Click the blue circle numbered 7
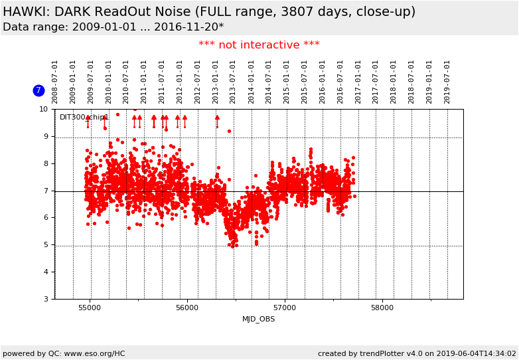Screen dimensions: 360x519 [x=38, y=90]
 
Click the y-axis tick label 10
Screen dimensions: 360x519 [x=44, y=109]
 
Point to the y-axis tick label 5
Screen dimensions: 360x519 [x=46, y=245]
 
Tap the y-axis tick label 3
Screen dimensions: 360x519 [x=46, y=299]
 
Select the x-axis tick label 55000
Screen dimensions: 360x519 [x=90, y=308]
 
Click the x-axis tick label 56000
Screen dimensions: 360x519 [x=187, y=308]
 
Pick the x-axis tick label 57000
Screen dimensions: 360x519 [x=285, y=308]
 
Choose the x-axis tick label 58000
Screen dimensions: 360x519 [x=382, y=308]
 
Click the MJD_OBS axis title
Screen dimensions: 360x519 [x=259, y=319]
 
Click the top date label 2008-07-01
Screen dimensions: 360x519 [x=55, y=81]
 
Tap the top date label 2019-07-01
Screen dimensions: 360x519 [x=447, y=81]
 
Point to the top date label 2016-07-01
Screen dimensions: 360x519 [x=340, y=81]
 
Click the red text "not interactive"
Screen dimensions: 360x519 [x=259, y=45]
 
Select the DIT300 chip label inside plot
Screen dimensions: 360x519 [x=84, y=118]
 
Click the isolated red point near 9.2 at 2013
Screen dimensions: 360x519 [x=229, y=131]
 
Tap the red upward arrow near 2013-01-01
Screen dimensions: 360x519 [x=217, y=120]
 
